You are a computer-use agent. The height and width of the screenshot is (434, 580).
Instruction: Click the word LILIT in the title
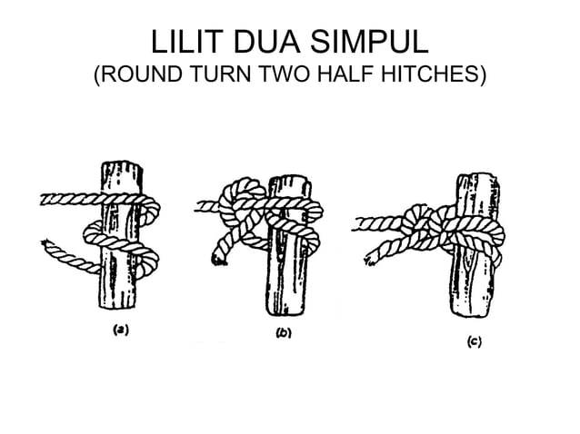pyautogui.click(x=187, y=41)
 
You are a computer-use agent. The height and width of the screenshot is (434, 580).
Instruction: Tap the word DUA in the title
pyautogui.click(x=266, y=41)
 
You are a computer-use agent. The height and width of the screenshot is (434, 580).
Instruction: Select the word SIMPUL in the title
pyautogui.click(x=369, y=41)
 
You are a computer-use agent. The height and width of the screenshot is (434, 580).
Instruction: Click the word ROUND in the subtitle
pyautogui.click(x=142, y=74)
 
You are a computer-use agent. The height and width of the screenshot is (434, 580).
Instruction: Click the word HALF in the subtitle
pyautogui.click(x=345, y=74)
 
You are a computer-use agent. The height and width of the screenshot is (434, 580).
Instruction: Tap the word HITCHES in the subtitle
pyautogui.click(x=430, y=74)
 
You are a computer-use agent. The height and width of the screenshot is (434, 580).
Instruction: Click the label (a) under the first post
pyautogui.click(x=121, y=330)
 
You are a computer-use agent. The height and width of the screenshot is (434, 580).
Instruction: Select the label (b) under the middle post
pyautogui.click(x=284, y=333)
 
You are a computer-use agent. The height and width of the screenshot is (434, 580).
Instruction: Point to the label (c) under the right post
pyautogui.click(x=475, y=341)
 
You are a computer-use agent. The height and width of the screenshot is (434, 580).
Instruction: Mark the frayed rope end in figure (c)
pyautogui.click(x=370, y=261)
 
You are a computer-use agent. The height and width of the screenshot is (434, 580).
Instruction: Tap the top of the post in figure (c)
pyautogui.click(x=478, y=177)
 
